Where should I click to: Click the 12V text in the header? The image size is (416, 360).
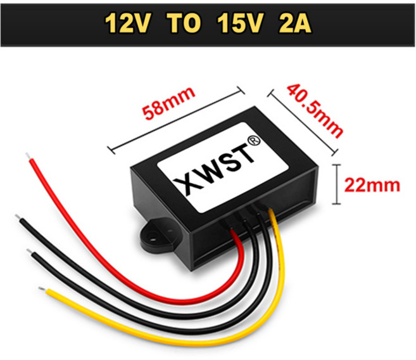[x=127, y=23]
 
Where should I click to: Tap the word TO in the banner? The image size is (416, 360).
[x=184, y=23]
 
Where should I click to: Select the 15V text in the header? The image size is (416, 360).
[x=241, y=23]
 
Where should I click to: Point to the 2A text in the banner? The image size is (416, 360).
[x=295, y=23]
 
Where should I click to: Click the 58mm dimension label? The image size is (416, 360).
[x=168, y=103]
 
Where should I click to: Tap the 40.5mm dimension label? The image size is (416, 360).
[x=315, y=110]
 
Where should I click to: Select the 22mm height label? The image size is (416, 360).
[x=372, y=185]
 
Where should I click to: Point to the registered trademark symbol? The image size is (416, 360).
[x=254, y=141]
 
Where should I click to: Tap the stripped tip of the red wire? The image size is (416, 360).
[x=28, y=157]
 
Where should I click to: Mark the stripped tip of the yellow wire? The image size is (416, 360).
[x=42, y=289]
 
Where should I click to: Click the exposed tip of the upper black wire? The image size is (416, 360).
[x=18, y=217]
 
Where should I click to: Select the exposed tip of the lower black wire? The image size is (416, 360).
[x=29, y=252]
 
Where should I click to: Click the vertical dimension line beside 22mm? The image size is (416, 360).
[x=336, y=184]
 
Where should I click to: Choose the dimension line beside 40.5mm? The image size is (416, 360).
[x=303, y=122]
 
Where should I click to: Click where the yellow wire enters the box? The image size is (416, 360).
[x=270, y=212]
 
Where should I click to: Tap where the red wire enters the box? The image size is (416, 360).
[x=232, y=231]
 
